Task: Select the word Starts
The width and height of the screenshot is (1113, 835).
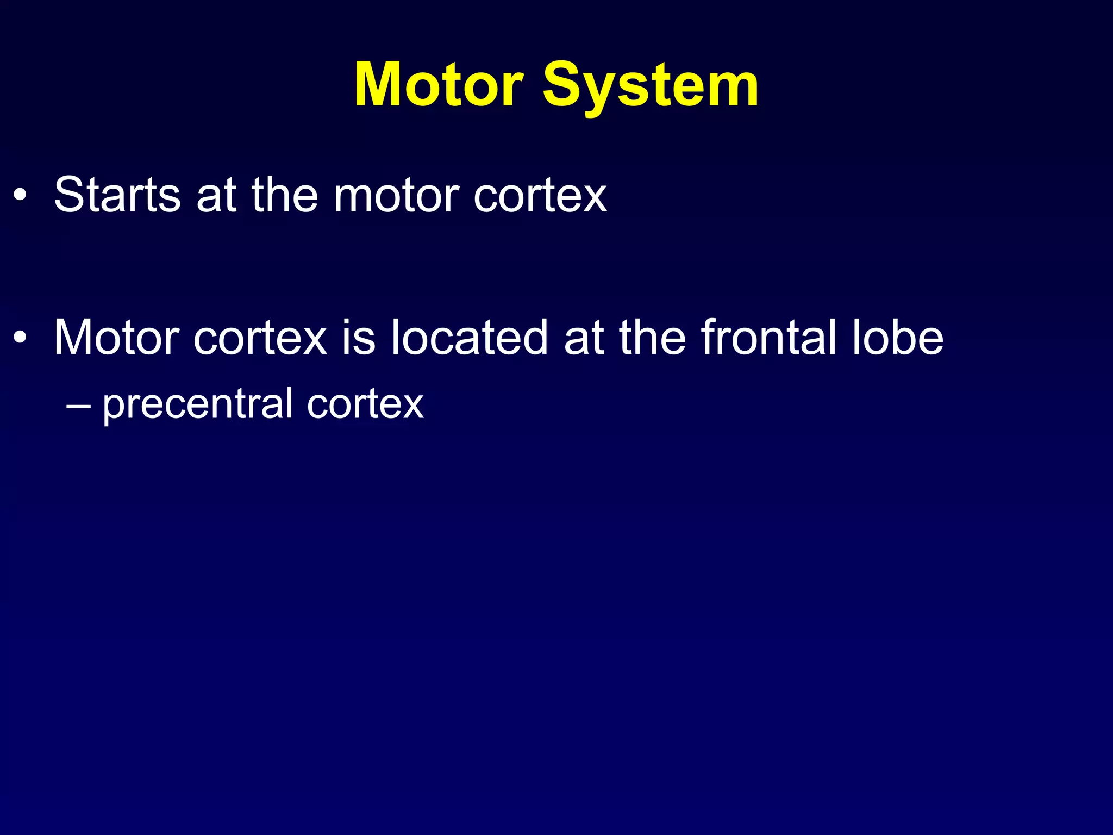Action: coord(117,195)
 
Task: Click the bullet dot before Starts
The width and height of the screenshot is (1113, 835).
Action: coord(20,196)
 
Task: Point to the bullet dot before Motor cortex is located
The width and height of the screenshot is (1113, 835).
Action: coord(20,339)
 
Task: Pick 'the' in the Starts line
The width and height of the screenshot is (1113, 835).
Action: coord(284,195)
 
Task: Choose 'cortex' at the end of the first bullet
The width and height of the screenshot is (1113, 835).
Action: coord(540,196)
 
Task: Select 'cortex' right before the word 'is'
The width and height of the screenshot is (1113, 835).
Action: coord(260,339)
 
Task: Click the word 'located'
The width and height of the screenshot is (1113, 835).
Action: coord(469,338)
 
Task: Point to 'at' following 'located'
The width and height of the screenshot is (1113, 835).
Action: coord(584,339)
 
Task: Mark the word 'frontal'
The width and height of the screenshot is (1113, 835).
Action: coord(768,338)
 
